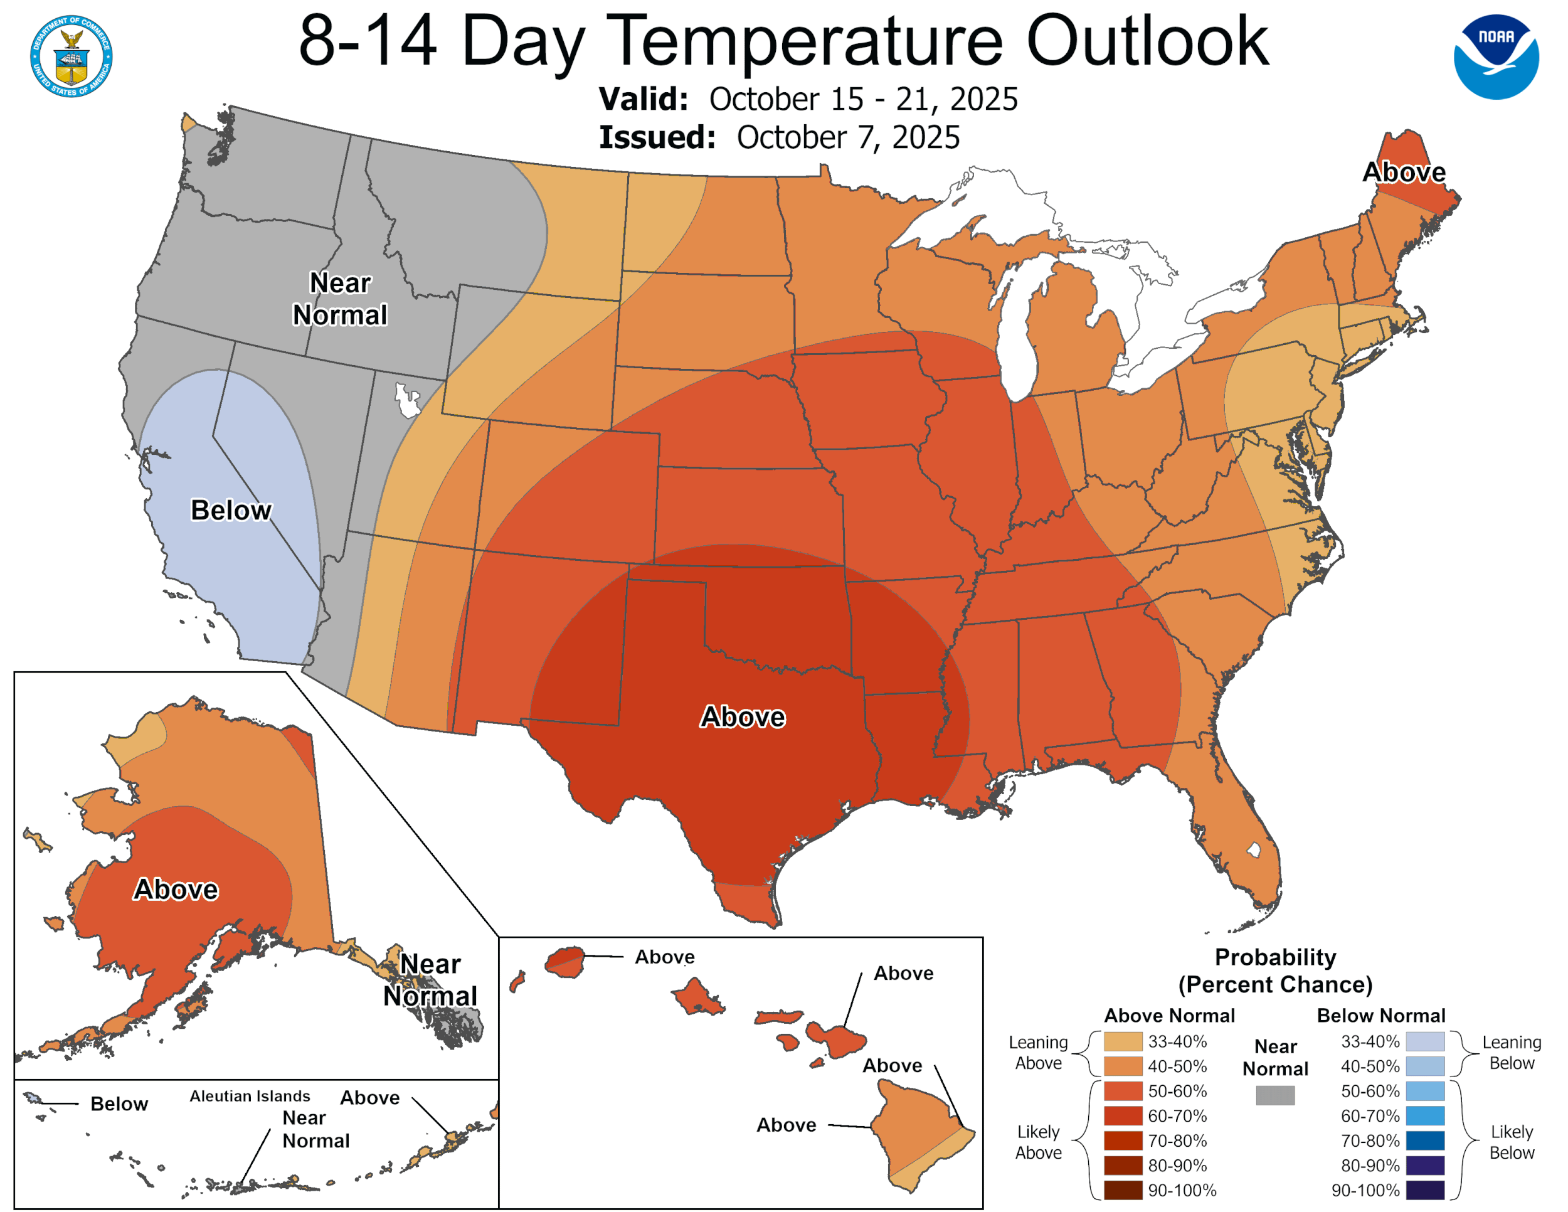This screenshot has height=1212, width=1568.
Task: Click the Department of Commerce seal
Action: click(x=71, y=56)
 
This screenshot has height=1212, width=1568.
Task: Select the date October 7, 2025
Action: click(x=848, y=137)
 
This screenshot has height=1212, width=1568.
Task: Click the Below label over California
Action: click(x=231, y=510)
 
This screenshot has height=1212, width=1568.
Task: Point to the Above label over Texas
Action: click(x=743, y=716)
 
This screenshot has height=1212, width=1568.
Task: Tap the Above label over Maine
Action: click(x=1404, y=173)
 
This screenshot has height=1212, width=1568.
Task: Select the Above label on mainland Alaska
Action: click(x=176, y=889)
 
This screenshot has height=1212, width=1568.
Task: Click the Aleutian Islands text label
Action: click(x=250, y=1096)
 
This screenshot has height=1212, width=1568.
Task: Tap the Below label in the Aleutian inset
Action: click(x=119, y=1103)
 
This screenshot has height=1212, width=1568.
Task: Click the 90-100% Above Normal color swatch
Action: click(x=1123, y=1191)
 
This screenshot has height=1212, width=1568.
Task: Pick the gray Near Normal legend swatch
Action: click(x=1275, y=1095)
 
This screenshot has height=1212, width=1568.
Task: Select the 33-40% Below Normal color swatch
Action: click(x=1424, y=1041)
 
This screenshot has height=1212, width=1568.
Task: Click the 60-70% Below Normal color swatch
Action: click(x=1424, y=1116)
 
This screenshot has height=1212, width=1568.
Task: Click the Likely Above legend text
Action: click(x=1038, y=1142)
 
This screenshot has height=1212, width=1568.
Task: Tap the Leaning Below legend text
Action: click(x=1512, y=1052)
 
